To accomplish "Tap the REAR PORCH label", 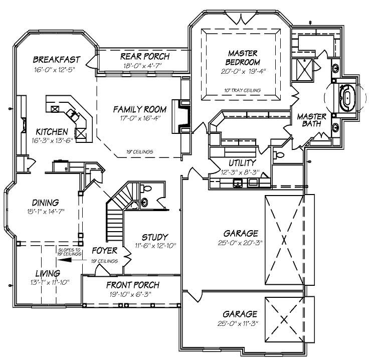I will tap(145, 56).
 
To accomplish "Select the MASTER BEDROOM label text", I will tap(243, 58).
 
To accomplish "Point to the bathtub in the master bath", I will tap(346, 97).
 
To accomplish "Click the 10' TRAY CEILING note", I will tap(242, 90).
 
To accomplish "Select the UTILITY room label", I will tap(242, 163).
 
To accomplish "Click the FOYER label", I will tap(104, 250).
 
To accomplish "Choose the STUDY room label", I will tap(154, 237).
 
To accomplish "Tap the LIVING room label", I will tap(48, 273).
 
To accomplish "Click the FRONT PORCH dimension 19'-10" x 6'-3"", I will tap(133, 294).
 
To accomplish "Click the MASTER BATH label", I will tap(312, 121).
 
